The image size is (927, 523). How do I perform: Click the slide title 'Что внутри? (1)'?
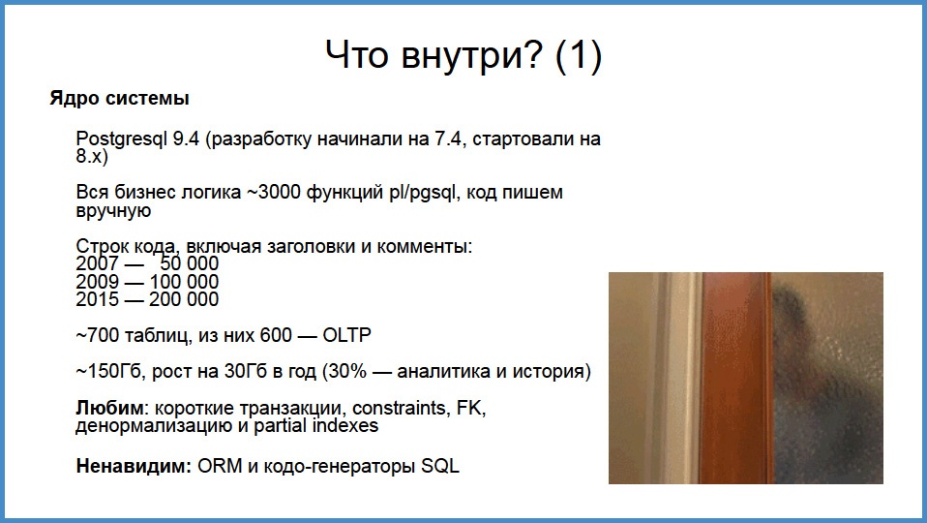tap(463, 55)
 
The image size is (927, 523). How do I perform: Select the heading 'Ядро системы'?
tap(119, 99)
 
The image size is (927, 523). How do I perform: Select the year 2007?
tap(97, 263)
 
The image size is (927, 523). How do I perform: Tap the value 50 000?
tap(189, 263)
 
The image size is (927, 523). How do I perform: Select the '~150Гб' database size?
tap(105, 372)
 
